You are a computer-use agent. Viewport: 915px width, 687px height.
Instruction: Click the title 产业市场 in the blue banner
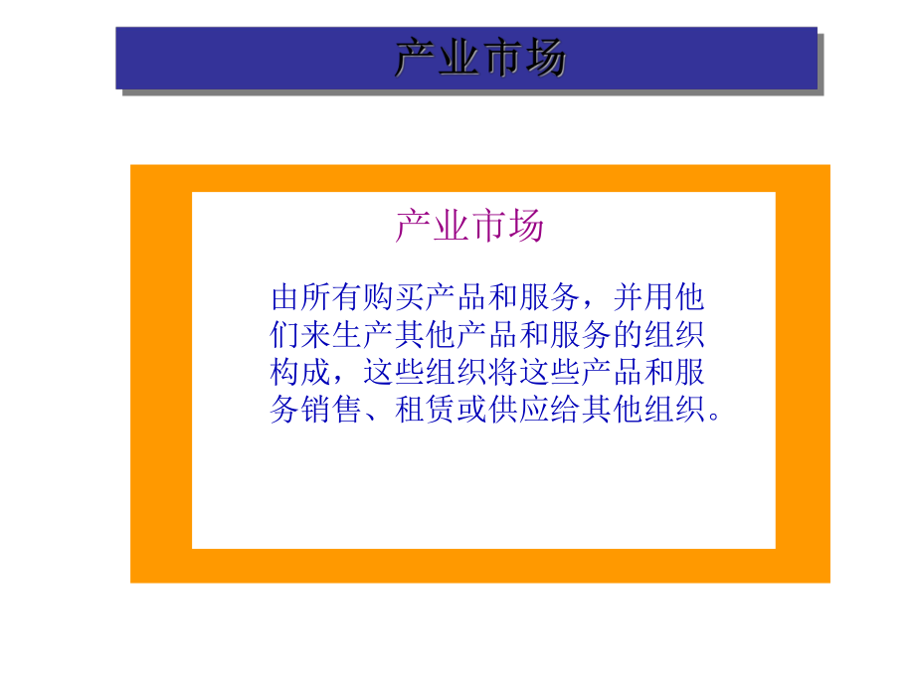point(480,59)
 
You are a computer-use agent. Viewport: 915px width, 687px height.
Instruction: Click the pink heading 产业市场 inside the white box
point(469,226)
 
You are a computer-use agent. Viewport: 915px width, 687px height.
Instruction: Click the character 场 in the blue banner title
point(546,59)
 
